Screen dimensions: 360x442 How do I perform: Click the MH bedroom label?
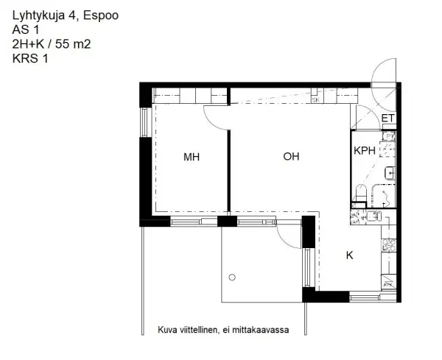click(192, 157)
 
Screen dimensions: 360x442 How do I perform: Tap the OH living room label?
click(291, 157)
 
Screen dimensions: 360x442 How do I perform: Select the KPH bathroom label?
click(365, 151)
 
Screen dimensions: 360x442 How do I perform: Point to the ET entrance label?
click(388, 118)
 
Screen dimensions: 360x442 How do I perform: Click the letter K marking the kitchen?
click(350, 255)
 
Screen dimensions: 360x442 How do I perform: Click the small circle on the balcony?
click(232, 277)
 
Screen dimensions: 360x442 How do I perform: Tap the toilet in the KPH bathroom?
click(360, 193)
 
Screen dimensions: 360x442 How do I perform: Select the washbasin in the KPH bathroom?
click(390, 173)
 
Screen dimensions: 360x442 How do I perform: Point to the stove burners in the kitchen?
click(387, 251)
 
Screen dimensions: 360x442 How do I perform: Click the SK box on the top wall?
click(315, 99)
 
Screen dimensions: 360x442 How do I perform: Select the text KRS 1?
click(30, 59)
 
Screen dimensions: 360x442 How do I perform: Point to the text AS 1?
click(27, 29)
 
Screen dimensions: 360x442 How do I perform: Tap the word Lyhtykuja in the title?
click(38, 14)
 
